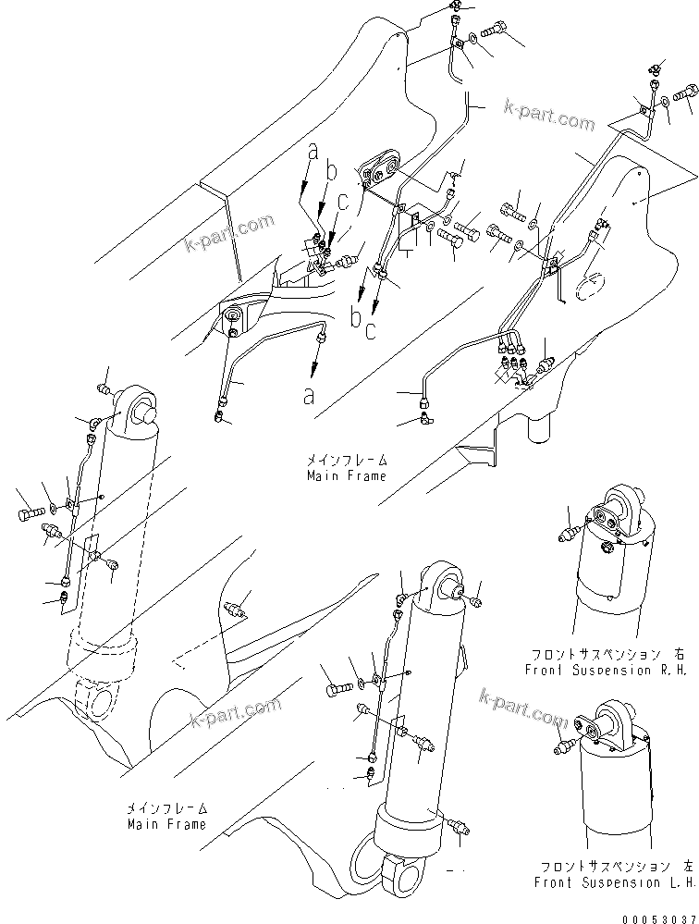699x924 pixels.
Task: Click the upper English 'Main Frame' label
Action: pyautogui.click(x=347, y=475)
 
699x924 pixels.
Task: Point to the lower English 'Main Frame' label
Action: pyautogui.click(x=167, y=823)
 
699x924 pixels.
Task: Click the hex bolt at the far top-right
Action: pyautogui.click(x=685, y=92)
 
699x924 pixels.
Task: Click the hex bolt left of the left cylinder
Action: pyautogui.click(x=27, y=508)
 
